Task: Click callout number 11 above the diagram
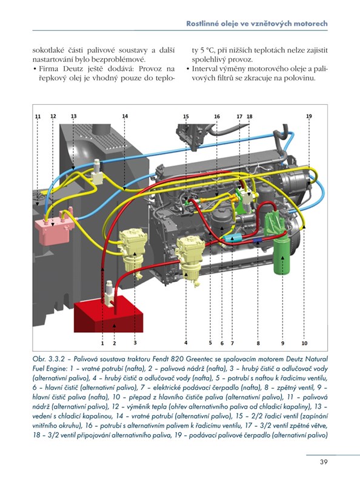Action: (x=38, y=116)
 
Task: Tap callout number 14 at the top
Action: (x=125, y=116)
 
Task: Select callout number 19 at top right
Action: (x=309, y=116)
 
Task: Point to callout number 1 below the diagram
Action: (x=102, y=343)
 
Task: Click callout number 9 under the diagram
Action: (x=282, y=343)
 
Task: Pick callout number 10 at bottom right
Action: (x=305, y=343)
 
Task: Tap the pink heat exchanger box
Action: (x=55, y=230)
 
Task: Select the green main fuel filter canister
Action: (x=282, y=255)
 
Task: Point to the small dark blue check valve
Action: (x=258, y=241)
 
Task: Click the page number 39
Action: (x=324, y=462)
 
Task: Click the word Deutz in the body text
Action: (x=73, y=69)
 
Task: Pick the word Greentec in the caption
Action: (x=198, y=360)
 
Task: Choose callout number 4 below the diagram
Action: (x=185, y=343)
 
